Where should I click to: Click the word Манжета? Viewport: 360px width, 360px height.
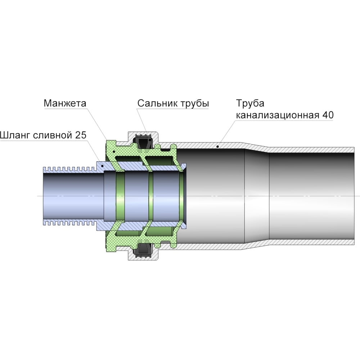click(65, 103)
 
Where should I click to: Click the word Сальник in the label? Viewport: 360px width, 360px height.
click(157, 103)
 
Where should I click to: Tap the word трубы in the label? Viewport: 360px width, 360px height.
click(194, 104)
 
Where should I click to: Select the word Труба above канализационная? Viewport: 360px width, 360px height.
click(250, 104)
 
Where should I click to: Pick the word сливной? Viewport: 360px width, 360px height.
click(53, 135)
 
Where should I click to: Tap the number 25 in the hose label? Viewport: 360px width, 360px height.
click(81, 135)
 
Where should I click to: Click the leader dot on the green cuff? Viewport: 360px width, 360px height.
click(114, 152)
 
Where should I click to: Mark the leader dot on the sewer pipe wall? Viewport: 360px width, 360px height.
click(218, 146)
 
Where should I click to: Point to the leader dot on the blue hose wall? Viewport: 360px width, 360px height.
click(103, 166)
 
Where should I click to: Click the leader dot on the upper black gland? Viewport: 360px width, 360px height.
click(150, 140)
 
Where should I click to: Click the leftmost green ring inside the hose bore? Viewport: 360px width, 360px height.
click(120, 196)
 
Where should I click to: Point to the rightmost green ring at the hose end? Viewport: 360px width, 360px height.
click(181, 196)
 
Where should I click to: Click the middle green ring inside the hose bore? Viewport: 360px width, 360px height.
click(150, 196)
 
